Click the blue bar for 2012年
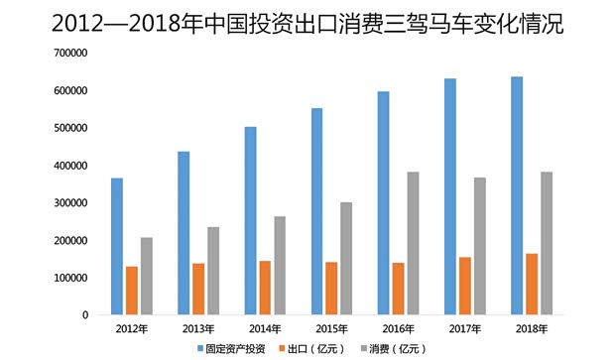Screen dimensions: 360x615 tap(117, 247)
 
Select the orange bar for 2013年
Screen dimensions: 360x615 tap(198, 290)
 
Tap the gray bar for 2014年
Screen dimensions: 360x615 tap(280, 266)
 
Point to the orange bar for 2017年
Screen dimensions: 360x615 tap(464, 287)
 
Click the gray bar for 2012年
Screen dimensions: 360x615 tap(147, 277)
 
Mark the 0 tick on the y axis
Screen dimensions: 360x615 tap(84, 315)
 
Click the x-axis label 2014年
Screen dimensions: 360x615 tap(265, 327)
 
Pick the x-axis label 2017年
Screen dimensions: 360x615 tap(464, 327)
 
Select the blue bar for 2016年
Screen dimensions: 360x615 tap(383, 203)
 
